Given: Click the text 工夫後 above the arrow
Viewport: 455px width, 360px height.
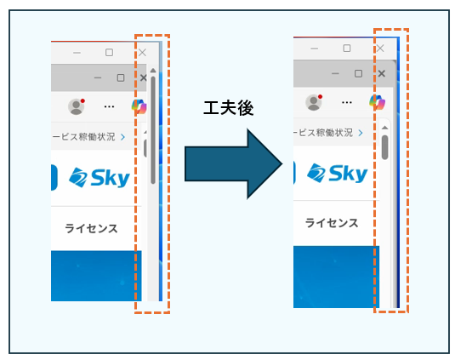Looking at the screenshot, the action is [x=229, y=108].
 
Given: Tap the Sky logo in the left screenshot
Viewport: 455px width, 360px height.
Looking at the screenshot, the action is [x=99, y=177].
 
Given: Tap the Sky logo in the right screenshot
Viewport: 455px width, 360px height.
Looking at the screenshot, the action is [x=337, y=174].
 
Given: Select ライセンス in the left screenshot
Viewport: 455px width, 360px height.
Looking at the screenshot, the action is [x=91, y=228].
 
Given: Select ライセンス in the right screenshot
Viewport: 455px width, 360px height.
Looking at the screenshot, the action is [x=332, y=223].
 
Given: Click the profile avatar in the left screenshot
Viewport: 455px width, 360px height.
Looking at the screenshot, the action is [x=77, y=106].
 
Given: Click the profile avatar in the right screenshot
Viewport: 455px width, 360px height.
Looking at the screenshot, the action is [x=314, y=102].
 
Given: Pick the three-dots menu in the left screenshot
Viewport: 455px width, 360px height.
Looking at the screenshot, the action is [x=109, y=107].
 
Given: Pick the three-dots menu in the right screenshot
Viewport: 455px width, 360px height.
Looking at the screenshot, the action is [x=347, y=102].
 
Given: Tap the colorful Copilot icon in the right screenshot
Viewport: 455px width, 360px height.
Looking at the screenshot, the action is [x=378, y=102].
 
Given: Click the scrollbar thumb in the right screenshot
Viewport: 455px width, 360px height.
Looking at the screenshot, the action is [x=384, y=147].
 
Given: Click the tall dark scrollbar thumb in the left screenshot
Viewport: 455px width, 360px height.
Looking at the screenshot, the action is [x=153, y=130].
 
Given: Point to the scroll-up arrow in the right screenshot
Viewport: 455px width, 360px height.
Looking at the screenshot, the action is [x=384, y=128].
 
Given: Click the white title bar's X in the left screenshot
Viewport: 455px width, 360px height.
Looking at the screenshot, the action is [x=142, y=53].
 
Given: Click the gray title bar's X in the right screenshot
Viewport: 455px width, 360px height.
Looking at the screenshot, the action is [x=382, y=73].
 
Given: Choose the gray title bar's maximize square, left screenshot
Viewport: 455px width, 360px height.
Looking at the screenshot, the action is [x=121, y=77].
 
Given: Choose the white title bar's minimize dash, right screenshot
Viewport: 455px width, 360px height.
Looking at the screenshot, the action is [x=315, y=49].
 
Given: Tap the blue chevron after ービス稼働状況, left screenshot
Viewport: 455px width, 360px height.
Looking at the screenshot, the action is [x=123, y=137].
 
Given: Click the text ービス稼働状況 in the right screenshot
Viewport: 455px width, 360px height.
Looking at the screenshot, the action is [x=323, y=133].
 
